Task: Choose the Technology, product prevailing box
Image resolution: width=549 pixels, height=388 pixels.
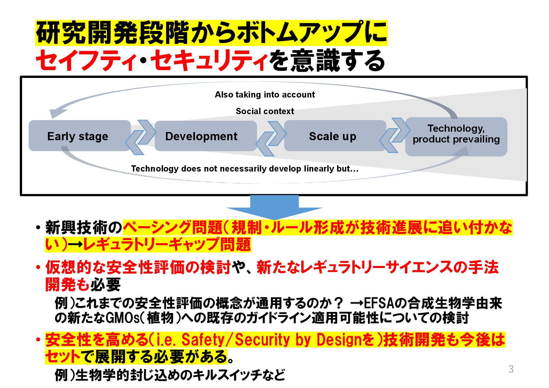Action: (456, 136)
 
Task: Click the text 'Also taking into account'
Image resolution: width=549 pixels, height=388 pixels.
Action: (265, 95)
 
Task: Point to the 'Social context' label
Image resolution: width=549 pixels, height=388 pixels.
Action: (265, 111)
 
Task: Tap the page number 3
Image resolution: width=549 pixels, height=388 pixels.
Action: (511, 369)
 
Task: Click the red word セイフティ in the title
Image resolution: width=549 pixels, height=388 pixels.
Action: (85, 61)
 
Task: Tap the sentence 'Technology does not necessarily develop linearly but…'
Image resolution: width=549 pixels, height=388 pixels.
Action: (245, 169)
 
